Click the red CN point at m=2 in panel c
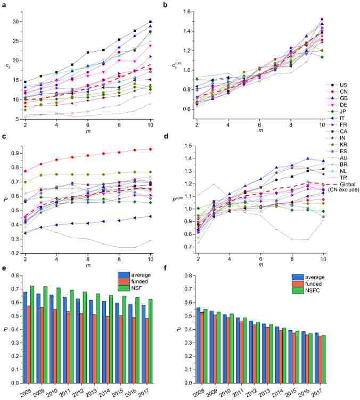pyautogui.click(x=26, y=171)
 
